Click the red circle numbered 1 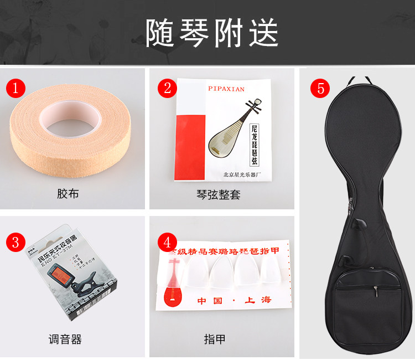[x=16, y=88]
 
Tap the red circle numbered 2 [x=167, y=88]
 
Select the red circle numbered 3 [x=16, y=242]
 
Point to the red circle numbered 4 [x=167, y=242]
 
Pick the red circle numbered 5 [x=320, y=88]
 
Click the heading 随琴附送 [x=212, y=33]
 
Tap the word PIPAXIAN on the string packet [x=226, y=88]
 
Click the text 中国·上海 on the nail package [x=235, y=300]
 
